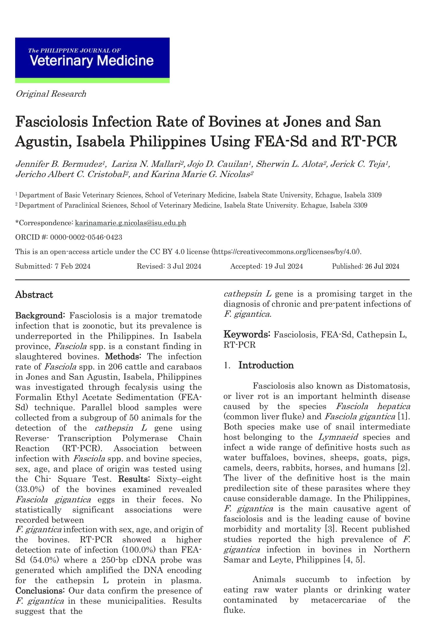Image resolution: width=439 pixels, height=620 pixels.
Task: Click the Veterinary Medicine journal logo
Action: click(x=92, y=60)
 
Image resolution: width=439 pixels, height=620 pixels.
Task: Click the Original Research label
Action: click(x=51, y=94)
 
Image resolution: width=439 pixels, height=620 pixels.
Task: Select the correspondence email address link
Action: click(x=130, y=223)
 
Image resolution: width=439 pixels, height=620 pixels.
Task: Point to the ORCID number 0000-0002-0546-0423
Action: click(x=86, y=237)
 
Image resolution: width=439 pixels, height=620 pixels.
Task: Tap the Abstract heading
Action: click(x=34, y=295)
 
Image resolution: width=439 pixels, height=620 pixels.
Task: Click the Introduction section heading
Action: click(x=266, y=365)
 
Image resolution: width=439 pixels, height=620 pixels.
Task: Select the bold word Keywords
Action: click(x=247, y=334)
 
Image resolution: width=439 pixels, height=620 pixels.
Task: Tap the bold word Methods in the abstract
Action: click(x=123, y=356)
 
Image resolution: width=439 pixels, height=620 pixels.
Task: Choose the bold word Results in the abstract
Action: click(x=134, y=479)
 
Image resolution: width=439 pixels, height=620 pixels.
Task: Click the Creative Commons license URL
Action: click(x=287, y=252)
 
